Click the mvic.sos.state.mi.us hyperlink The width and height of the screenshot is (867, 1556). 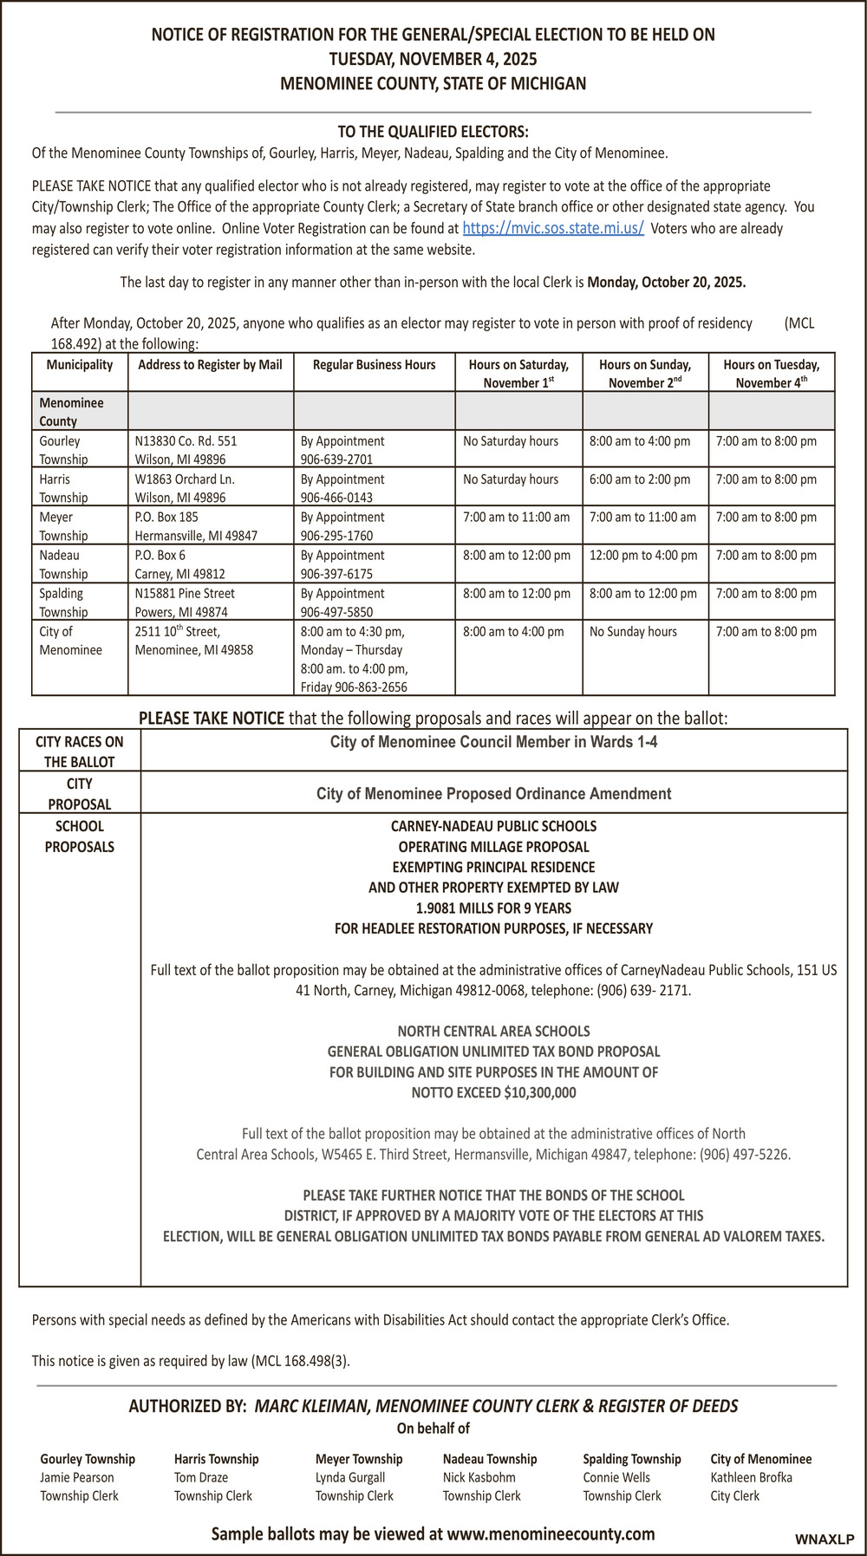pos(552,229)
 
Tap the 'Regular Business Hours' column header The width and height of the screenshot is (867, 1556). pos(374,365)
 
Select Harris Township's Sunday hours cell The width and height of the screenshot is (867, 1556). pos(640,479)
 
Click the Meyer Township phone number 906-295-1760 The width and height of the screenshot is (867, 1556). pos(336,536)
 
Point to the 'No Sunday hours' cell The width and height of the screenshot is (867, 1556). pos(633,632)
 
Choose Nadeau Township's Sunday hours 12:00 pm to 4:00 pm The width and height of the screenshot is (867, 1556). pos(643,556)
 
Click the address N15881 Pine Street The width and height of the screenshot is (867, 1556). pos(185,594)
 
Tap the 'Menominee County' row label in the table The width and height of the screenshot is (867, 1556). pos(71,412)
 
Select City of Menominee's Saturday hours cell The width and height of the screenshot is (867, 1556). pos(513,632)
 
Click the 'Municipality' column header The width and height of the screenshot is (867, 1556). pos(80,365)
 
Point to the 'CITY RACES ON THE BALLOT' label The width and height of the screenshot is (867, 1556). pos(80,752)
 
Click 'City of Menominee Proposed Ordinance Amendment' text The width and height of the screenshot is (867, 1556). pos(493,794)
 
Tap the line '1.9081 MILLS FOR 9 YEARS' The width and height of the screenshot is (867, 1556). pos(493,908)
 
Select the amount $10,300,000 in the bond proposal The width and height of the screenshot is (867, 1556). pos(539,1093)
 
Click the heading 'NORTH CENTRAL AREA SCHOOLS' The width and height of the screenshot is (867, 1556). pos(493,1032)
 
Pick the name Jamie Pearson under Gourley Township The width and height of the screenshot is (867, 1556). pos(77,1477)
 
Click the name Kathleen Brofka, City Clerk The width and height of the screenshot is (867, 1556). pos(751,1477)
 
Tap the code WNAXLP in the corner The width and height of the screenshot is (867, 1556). pos(825,1540)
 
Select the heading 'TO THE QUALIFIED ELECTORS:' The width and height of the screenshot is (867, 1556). pos(433,132)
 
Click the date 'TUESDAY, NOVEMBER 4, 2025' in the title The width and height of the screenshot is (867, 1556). pos(433,59)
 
